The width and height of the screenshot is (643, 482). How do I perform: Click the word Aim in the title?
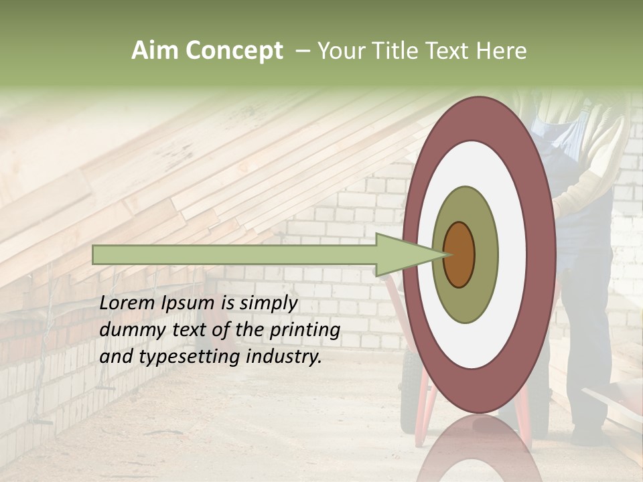155,51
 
